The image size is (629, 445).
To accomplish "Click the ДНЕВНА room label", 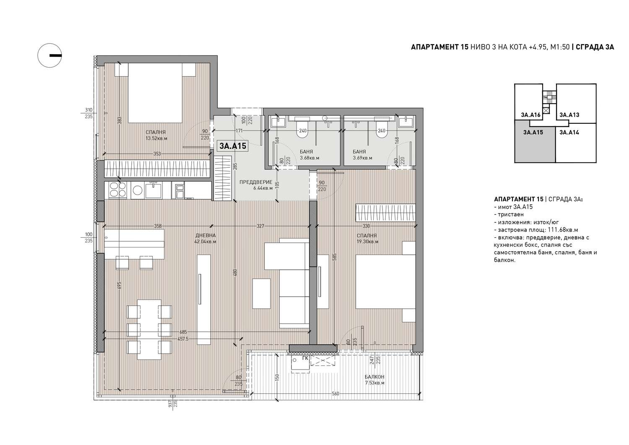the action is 205,235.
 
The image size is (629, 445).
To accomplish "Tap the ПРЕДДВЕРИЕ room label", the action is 256,182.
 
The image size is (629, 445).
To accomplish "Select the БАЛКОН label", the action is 374,377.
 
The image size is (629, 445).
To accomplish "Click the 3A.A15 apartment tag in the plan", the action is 233,146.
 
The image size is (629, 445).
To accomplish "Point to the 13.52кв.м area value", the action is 156,138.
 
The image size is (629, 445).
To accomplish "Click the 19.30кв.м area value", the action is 368,242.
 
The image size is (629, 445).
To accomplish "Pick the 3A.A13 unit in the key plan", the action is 569,115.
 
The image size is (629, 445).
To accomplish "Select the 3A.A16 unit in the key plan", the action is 530,115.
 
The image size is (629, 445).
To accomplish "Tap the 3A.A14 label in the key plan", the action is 569,132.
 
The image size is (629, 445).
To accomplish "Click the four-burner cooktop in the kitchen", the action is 118,190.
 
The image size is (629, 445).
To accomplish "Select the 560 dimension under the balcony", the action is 335,393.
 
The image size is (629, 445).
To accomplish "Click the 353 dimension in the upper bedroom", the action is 157,154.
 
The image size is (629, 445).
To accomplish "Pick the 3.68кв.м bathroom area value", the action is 309,158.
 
